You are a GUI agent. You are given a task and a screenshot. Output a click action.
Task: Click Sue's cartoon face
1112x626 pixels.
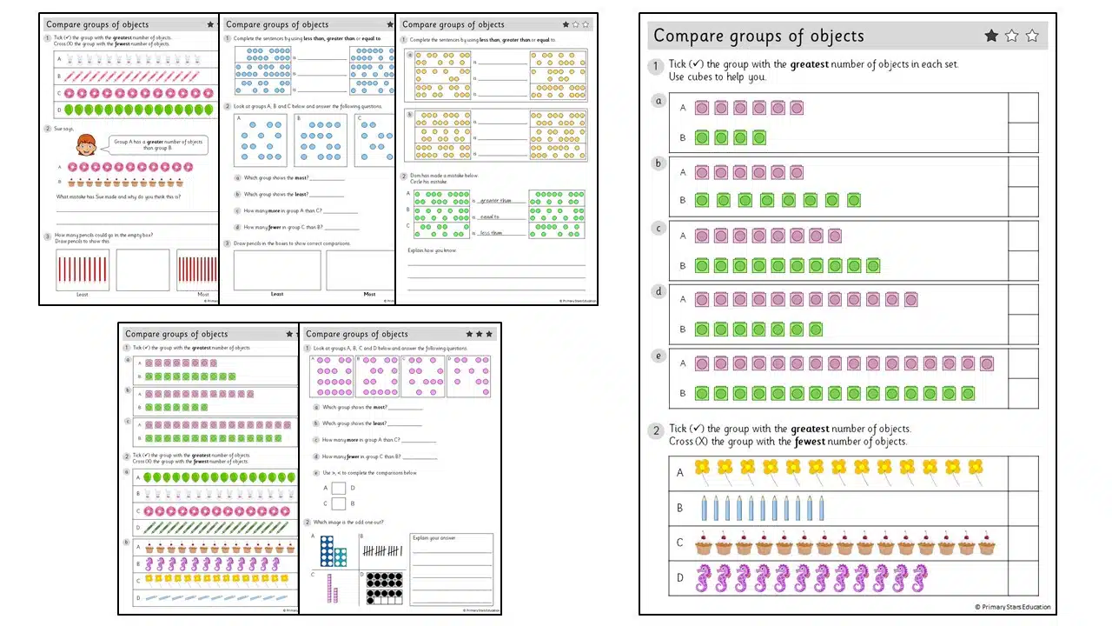coord(86,145)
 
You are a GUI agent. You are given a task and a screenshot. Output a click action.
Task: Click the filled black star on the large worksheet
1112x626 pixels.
coord(991,36)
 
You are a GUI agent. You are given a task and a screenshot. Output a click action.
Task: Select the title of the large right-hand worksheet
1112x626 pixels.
coord(758,36)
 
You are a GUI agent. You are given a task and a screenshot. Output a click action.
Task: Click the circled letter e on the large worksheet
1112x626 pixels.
coord(659,355)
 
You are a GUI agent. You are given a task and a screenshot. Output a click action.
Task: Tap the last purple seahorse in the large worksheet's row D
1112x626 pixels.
coord(918,578)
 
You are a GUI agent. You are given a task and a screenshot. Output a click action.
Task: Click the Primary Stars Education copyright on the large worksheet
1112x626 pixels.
coord(1012,607)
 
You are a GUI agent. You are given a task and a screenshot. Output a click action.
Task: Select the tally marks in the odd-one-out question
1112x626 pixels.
coord(382,550)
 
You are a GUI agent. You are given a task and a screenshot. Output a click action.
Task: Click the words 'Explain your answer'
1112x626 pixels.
coord(434,538)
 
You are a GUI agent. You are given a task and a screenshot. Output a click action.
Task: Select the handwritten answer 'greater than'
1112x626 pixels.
coord(496,200)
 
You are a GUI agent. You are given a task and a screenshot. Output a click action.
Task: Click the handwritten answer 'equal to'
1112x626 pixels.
coord(489,217)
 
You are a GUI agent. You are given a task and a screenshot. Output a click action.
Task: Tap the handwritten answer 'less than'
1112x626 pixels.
coord(491,233)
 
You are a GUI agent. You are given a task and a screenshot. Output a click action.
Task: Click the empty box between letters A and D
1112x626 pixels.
coord(339,489)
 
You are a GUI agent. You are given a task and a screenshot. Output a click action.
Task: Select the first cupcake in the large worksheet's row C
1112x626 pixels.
coord(704,545)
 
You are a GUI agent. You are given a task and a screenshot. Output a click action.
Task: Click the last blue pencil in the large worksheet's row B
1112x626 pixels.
coord(821,508)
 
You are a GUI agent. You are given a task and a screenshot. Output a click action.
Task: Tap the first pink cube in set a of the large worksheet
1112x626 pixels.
coord(702,108)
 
